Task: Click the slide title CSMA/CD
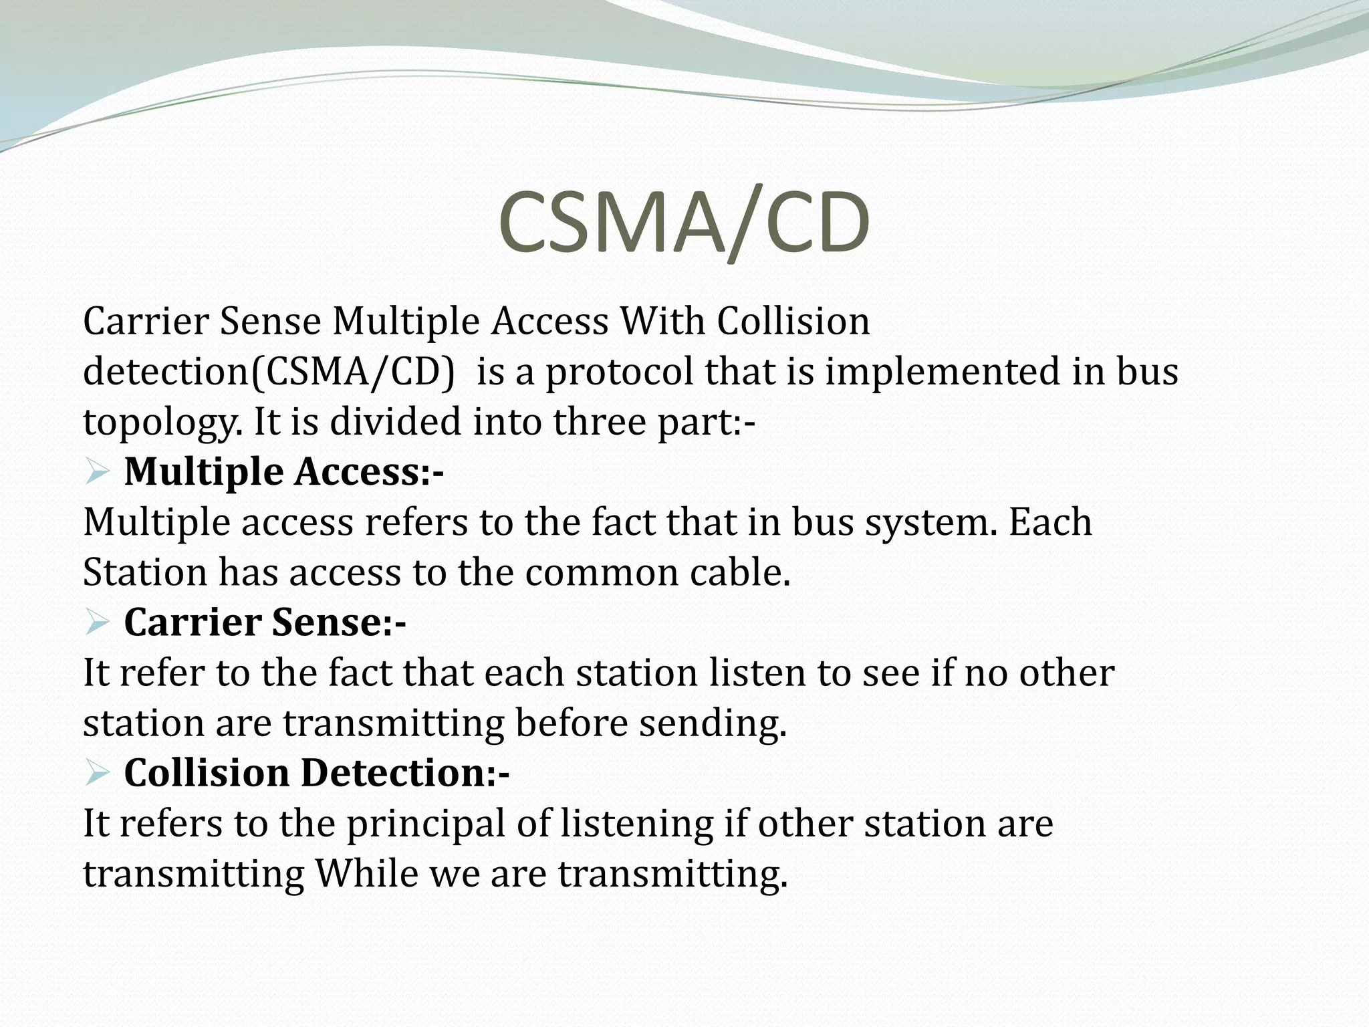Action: [x=684, y=222]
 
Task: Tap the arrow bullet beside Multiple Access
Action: [x=98, y=473]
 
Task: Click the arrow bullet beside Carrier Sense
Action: [x=98, y=623]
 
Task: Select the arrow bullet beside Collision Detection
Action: [x=98, y=774]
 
